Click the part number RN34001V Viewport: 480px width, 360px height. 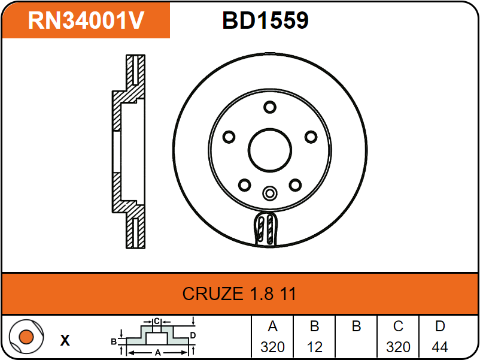pos(86,20)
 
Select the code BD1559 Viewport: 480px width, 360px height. pos(265,20)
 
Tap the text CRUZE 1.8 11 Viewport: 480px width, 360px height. pos(239,294)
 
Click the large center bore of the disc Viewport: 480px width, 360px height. pos(270,150)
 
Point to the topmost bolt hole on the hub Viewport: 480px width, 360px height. pos(270,107)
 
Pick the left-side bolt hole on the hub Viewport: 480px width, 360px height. pos(229,137)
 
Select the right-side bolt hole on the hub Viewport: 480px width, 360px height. pos(311,137)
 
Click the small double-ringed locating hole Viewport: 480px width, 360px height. pos(270,193)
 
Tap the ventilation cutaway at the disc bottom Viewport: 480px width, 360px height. pos(266,229)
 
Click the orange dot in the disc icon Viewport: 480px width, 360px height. pos(26,337)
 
